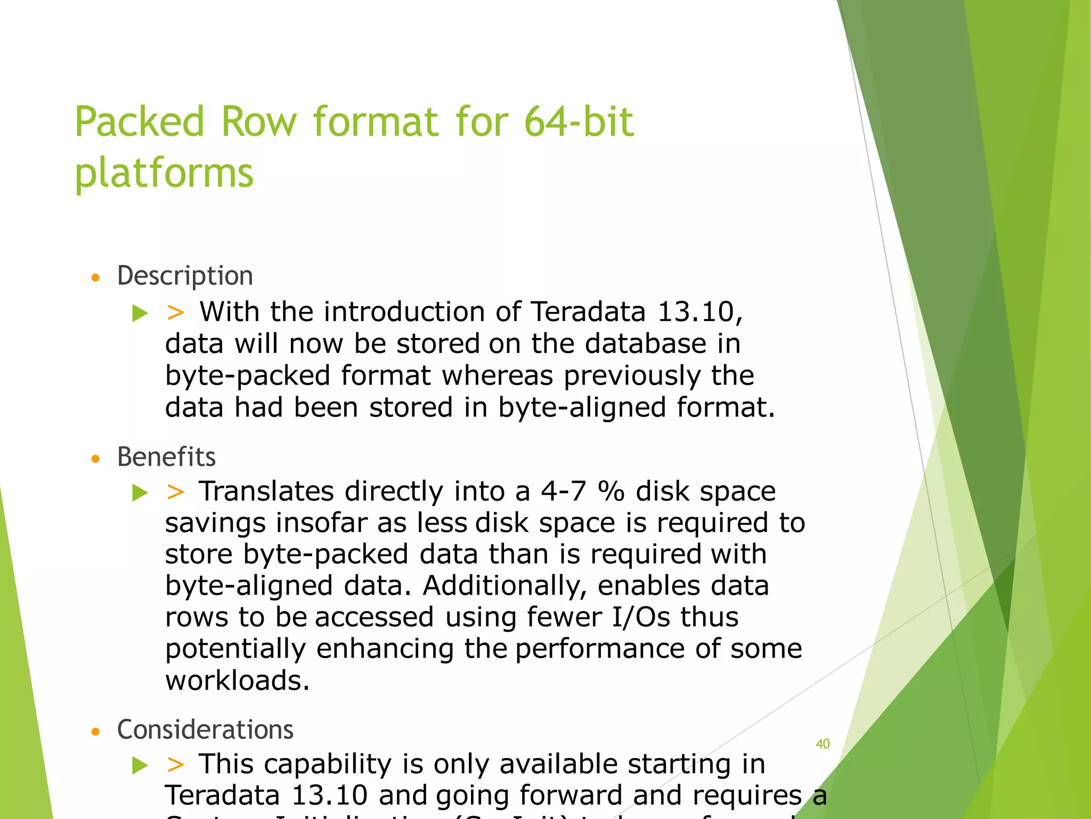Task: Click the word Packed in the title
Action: click(140, 122)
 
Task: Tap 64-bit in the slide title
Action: click(579, 122)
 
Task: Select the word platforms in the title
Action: click(164, 173)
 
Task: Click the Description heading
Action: click(185, 276)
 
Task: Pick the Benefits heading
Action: click(166, 457)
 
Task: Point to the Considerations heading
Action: click(205, 729)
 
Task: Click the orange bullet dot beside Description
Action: click(96, 278)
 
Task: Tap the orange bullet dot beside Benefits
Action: click(96, 459)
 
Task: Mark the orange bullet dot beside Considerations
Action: click(96, 732)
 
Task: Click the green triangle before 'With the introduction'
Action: click(140, 313)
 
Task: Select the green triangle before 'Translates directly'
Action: click(140, 492)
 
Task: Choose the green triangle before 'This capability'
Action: click(140, 765)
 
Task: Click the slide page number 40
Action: click(823, 744)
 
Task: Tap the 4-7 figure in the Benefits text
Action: click(563, 491)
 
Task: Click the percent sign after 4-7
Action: click(611, 491)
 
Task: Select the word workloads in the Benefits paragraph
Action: click(237, 680)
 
